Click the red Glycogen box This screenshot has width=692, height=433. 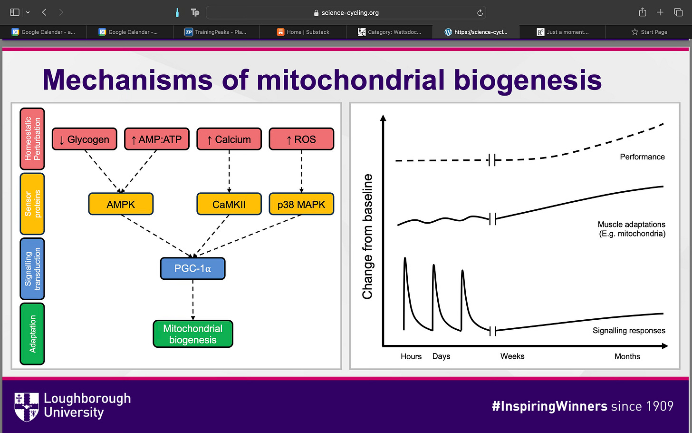pyautogui.click(x=84, y=139)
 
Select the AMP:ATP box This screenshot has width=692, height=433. pyautogui.click(x=157, y=139)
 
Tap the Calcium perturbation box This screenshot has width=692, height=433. pyautogui.click(x=229, y=139)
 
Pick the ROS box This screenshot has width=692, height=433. pyautogui.click(x=301, y=139)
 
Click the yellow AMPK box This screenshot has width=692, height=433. pyautogui.click(x=121, y=204)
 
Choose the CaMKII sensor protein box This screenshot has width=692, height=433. pyautogui.click(x=229, y=204)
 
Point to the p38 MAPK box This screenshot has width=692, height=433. pyautogui.click(x=301, y=204)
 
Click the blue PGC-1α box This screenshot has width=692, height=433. pyautogui.click(x=193, y=268)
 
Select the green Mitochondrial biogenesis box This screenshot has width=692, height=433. pyautogui.click(x=193, y=334)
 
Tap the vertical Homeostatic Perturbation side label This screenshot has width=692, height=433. pyautogui.click(x=32, y=139)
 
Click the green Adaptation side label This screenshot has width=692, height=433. pyautogui.click(x=32, y=334)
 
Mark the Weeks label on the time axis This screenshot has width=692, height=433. pyautogui.click(x=512, y=356)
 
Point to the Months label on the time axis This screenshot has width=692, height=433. pyautogui.click(x=627, y=356)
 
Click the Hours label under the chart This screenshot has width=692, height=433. pyautogui.click(x=411, y=356)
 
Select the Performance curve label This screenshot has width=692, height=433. pyautogui.click(x=642, y=157)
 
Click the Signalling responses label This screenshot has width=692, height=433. pyautogui.click(x=629, y=331)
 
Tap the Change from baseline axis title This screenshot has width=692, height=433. pyautogui.click(x=367, y=236)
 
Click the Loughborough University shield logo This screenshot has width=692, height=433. pyautogui.click(x=27, y=407)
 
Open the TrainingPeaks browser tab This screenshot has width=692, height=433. pyautogui.click(x=216, y=32)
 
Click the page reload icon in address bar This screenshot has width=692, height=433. pyautogui.click(x=480, y=13)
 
